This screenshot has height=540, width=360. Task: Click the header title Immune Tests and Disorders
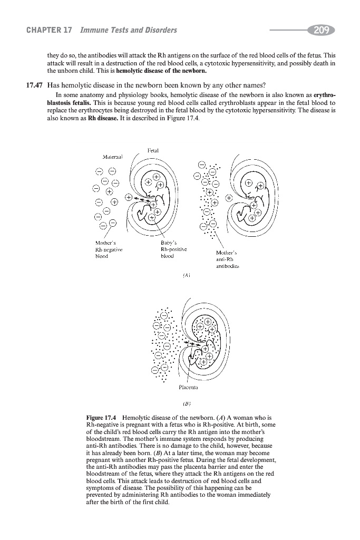128,30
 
